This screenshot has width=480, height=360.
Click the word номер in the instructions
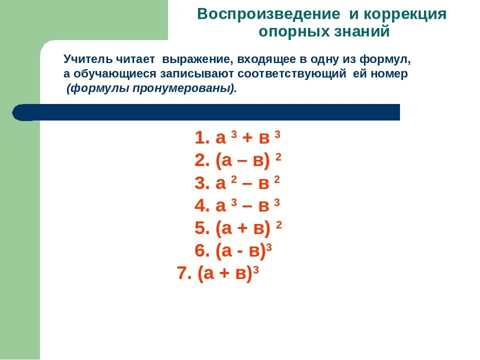[x=391, y=74]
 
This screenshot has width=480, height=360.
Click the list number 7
[x=183, y=274]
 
